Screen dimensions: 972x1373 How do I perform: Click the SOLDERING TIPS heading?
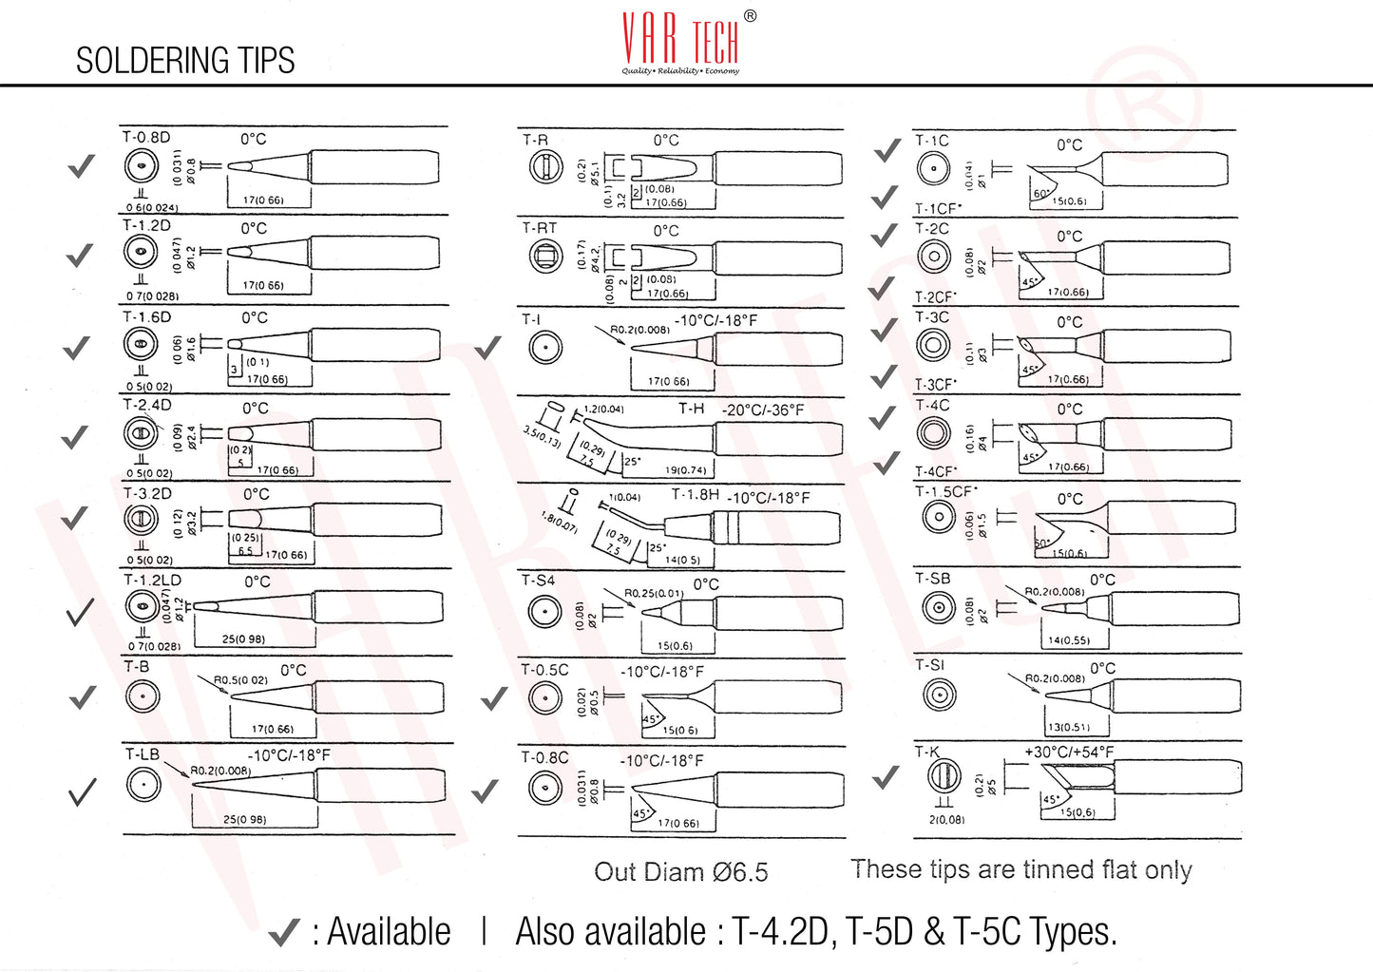pyautogui.click(x=185, y=61)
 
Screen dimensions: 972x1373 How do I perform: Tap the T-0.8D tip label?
pyautogui.click(x=146, y=138)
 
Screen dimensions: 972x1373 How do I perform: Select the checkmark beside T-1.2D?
pyautogui.click(x=80, y=256)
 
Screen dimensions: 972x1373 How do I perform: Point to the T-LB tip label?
pyautogui.click(x=143, y=754)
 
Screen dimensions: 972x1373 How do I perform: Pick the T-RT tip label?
pyautogui.click(x=539, y=228)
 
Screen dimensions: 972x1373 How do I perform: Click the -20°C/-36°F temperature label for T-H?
pyautogui.click(x=763, y=410)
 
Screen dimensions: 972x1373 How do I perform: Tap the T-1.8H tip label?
pyautogui.click(x=695, y=495)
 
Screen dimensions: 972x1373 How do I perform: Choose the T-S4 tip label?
pyautogui.click(x=538, y=581)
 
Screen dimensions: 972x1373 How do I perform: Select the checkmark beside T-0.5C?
pyautogui.click(x=494, y=700)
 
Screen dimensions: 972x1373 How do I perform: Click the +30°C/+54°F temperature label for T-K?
pyautogui.click(x=1069, y=753)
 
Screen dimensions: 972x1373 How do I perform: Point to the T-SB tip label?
pyautogui.click(x=932, y=579)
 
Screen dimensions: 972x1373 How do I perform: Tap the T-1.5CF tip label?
pyautogui.click(x=944, y=492)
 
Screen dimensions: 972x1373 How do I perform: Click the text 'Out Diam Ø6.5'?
pyautogui.click(x=680, y=872)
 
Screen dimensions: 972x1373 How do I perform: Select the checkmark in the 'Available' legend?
pyautogui.click(x=284, y=933)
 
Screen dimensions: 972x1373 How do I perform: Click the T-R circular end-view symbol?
pyautogui.click(x=545, y=167)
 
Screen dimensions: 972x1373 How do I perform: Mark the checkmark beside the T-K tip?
pyautogui.click(x=886, y=778)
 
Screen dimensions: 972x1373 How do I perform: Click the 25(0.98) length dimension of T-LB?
pyautogui.click(x=244, y=820)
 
